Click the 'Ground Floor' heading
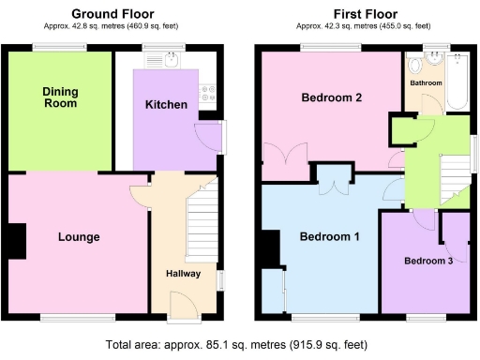114,14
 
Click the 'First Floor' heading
361,14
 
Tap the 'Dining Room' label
60,97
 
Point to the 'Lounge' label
78,236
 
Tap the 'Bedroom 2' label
331,97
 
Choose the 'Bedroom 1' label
329,236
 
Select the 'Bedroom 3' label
428,261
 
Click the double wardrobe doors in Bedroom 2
279,157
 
